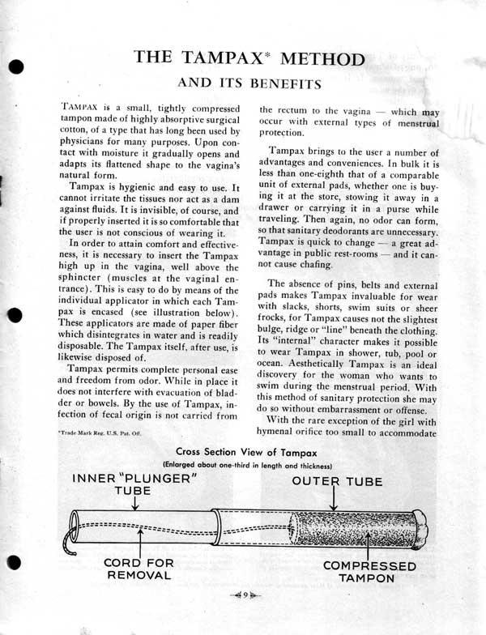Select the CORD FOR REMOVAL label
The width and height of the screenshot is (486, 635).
tap(138, 569)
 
